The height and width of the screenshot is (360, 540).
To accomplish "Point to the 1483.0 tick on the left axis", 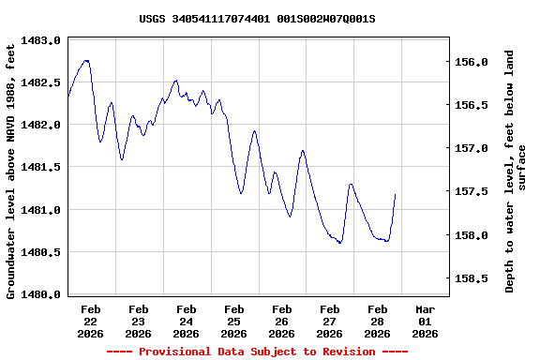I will coord(41,40).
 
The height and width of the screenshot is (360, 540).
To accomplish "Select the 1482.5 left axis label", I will coord(41,82).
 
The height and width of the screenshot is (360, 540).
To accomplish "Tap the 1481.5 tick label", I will coord(41,167).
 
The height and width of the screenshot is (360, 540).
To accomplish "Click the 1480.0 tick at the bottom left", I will coord(41,294).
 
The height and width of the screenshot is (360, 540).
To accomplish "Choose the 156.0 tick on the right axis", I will coord(472,62).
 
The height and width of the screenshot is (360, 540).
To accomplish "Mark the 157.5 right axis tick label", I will coord(472,192).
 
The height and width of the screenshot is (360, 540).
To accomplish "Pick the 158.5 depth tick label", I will coord(472,278).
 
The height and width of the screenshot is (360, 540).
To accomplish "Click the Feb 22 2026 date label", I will coord(91,321).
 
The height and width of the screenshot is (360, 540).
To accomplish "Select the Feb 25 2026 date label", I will coord(234,321).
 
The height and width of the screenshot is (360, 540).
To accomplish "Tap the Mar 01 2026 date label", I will coord(425,321).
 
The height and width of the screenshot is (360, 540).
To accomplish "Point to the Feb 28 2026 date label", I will coord(377,321).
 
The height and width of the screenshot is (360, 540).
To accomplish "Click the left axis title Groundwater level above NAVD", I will coord(12,169).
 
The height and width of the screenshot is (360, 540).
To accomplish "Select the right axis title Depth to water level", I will coord(516,171).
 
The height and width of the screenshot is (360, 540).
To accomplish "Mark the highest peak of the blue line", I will coord(86,60).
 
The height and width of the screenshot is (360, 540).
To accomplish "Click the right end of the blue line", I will coord(396,194).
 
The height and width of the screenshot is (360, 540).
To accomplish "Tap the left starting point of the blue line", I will coord(68,96).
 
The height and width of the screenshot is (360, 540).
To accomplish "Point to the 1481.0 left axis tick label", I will coord(41,210).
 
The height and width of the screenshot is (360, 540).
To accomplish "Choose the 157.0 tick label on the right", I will coord(472,148).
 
